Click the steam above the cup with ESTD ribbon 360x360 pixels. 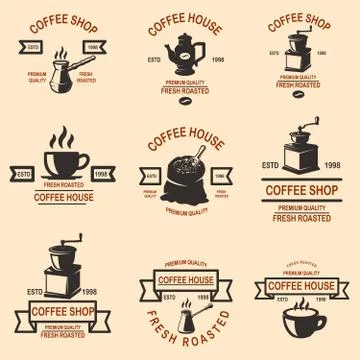[62, 137]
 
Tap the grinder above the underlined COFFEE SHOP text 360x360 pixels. [301, 150]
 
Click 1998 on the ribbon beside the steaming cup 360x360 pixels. [101, 173]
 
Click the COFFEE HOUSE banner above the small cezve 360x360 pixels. [186, 280]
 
